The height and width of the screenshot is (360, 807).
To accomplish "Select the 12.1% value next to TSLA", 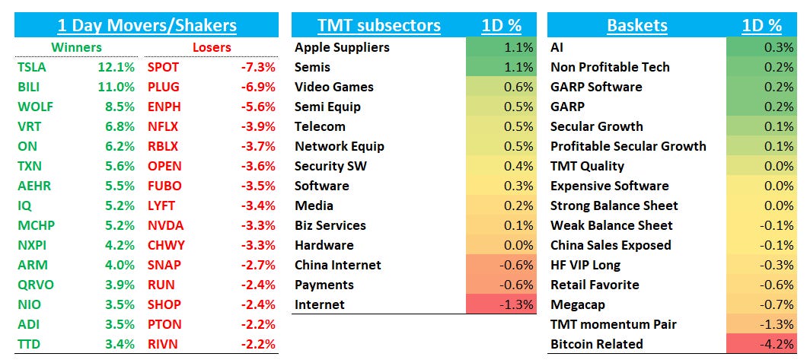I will pyautogui.click(x=116, y=67).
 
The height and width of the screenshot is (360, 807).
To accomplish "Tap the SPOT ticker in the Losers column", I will pyautogui.click(x=164, y=67).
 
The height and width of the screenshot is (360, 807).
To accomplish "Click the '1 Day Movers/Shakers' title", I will pyautogui.click(x=146, y=25).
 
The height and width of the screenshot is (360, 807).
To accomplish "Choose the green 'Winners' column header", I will pyautogui.click(x=76, y=47).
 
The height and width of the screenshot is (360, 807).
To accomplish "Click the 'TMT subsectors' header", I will pyautogui.click(x=378, y=25).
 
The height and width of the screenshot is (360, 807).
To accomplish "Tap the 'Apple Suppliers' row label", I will pyautogui.click(x=342, y=47).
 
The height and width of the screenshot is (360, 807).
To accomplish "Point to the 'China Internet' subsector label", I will pyautogui.click(x=338, y=265).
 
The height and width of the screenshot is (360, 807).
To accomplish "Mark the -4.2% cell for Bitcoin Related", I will pyautogui.click(x=761, y=344).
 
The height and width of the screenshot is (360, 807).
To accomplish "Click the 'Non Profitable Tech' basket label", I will pyautogui.click(x=610, y=67).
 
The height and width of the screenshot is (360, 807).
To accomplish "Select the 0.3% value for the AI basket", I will pyautogui.click(x=761, y=47).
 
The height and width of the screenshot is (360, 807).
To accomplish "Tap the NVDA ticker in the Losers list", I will pyautogui.click(x=165, y=225).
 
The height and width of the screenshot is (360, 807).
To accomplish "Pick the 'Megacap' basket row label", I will pyautogui.click(x=579, y=304).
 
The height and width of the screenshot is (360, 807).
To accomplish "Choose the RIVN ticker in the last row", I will pyautogui.click(x=163, y=344).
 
